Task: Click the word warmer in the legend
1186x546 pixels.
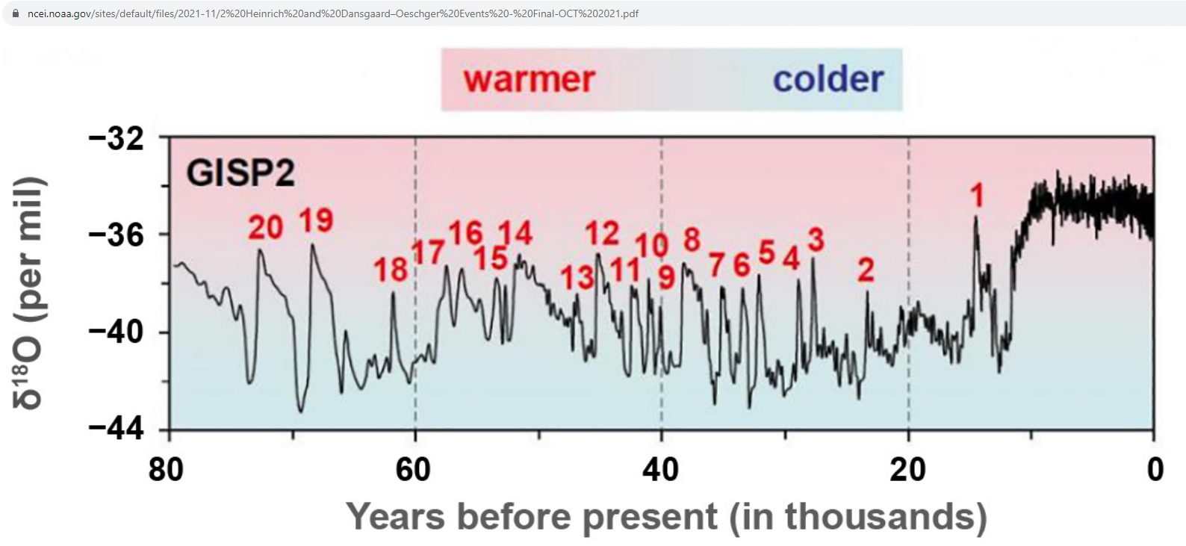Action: click(529, 79)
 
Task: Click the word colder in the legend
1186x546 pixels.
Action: click(828, 79)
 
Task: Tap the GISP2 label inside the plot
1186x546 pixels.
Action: click(240, 173)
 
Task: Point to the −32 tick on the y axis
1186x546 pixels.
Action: click(117, 139)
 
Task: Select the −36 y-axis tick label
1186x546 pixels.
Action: click(117, 235)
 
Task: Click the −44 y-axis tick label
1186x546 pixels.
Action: click(117, 429)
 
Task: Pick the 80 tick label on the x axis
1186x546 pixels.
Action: click(166, 470)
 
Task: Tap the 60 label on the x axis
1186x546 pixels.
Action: click(413, 470)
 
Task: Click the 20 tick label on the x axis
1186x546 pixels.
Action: click(907, 470)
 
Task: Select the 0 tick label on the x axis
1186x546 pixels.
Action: click(1155, 470)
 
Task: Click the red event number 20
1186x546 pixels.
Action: click(265, 228)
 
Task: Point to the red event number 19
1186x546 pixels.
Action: click(316, 220)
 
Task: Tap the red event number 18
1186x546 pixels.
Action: click(391, 270)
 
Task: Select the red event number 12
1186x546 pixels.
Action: click(602, 234)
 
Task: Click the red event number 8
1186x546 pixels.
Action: click(692, 240)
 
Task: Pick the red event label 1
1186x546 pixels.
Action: click(977, 196)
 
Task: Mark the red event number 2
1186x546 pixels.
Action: click(866, 270)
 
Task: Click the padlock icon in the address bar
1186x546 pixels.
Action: click(16, 13)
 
